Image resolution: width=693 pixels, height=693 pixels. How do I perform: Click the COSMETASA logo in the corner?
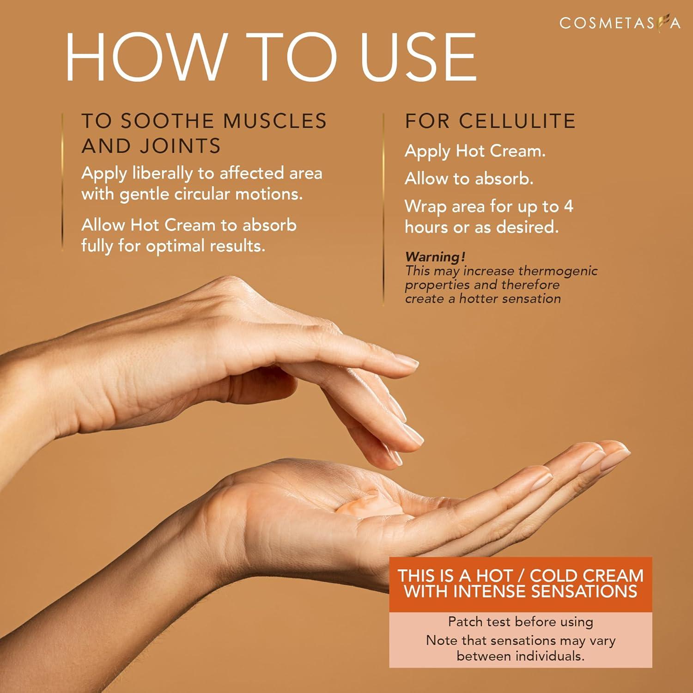[619, 23]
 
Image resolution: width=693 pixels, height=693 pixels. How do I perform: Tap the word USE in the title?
[418, 58]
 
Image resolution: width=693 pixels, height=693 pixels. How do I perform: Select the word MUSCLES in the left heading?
[275, 121]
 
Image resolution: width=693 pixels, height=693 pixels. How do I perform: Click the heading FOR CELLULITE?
[490, 121]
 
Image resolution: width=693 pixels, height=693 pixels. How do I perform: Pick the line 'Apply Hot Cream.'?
[475, 151]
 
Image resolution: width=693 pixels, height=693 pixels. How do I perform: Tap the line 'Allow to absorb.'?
[469, 179]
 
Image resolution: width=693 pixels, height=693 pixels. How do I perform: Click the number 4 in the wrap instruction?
[569, 207]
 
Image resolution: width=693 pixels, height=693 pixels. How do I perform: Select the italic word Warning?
[435, 256]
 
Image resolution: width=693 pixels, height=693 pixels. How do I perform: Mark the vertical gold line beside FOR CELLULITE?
[383, 208]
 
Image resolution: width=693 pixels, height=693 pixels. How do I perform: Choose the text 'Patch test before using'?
[520, 622]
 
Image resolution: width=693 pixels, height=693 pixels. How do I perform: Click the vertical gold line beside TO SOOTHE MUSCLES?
[62, 182]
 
